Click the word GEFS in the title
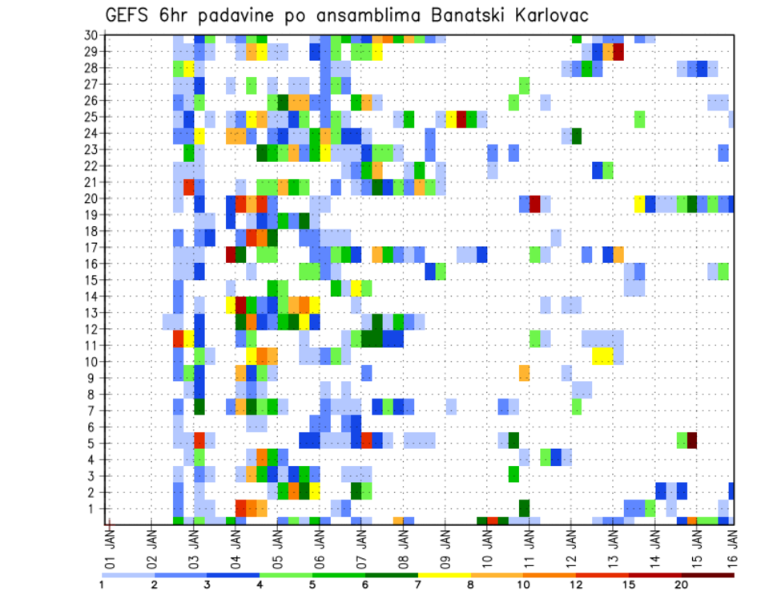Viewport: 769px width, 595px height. [129, 14]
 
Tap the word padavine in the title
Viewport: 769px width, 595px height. [243, 14]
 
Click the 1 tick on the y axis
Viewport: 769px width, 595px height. [94, 508]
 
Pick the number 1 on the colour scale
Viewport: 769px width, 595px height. [101, 584]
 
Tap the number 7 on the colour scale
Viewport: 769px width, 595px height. [418, 584]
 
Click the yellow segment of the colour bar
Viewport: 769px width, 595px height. [445, 574]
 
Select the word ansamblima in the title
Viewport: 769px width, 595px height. [372, 14]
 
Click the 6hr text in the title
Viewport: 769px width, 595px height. [177, 14]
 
